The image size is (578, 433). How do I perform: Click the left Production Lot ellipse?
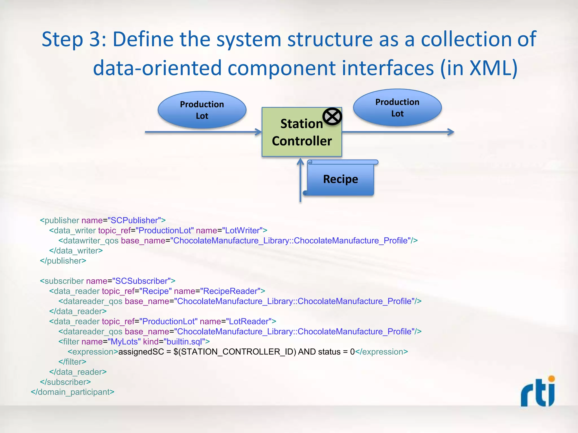pos(202,110)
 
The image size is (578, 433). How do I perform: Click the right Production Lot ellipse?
pos(397,108)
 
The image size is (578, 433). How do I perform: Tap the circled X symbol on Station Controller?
pos(332,116)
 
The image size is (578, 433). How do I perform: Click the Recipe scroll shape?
pos(340,179)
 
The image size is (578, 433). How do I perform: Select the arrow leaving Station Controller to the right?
pos(398,132)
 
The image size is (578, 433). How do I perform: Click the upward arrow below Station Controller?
pos(301,180)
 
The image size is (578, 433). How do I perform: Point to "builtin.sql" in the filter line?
pos(184,342)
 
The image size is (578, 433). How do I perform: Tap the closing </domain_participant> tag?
pos(73,392)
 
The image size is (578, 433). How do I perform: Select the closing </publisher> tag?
pos(63,261)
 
